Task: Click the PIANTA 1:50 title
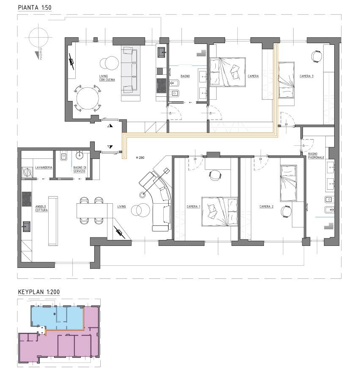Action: pos(35,8)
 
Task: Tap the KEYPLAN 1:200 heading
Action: pos(39,292)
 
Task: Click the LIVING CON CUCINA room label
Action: pos(107,78)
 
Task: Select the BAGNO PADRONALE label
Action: pos(316,155)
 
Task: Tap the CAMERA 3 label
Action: pos(306,76)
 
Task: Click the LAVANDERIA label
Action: pos(44,168)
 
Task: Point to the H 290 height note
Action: pos(140,158)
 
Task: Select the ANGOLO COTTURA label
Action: pos(41,208)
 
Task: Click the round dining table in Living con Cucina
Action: pos(88,98)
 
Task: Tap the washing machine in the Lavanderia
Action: pos(27,172)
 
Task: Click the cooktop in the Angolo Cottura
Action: pos(27,199)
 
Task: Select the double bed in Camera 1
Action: pos(220,212)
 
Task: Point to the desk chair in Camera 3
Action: pos(316,56)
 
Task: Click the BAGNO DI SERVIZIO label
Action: pos(80,169)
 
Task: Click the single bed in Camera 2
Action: pos(289,183)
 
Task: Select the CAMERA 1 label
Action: pos(193,207)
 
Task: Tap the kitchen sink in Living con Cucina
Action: pos(162,52)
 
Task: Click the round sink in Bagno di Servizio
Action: pos(79,155)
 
